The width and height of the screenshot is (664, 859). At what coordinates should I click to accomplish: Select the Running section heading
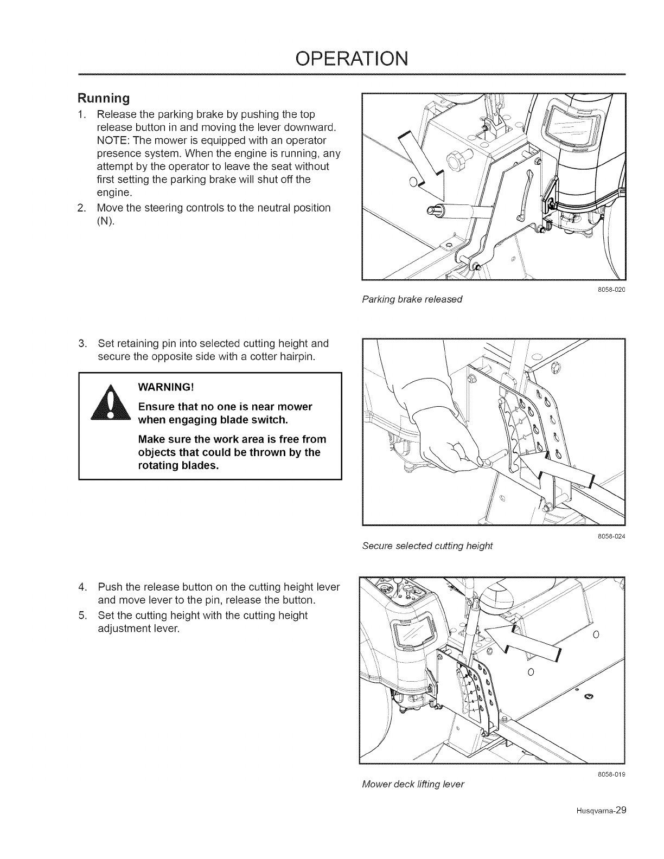(x=104, y=99)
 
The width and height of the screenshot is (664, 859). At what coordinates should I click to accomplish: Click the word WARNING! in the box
(x=166, y=387)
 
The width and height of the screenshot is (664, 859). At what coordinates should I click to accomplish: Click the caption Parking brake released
(x=411, y=299)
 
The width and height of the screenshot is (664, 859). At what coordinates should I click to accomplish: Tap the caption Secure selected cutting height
(x=427, y=546)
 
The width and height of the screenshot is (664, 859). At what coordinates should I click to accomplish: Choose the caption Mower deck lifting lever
(x=413, y=784)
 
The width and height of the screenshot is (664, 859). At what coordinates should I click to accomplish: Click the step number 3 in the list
(x=82, y=343)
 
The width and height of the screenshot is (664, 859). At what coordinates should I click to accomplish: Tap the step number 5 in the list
(x=82, y=616)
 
